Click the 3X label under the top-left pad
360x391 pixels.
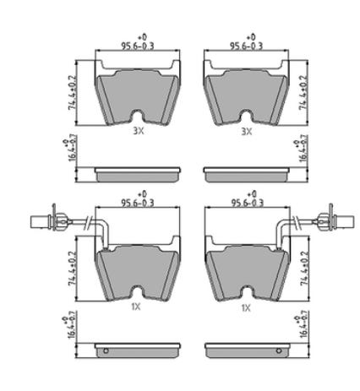tap(139, 131)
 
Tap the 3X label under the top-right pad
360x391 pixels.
tap(247, 131)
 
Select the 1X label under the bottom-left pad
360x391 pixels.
tap(136, 307)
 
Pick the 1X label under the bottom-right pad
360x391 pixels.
tap(246, 308)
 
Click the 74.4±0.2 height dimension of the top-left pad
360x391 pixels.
tap(73, 93)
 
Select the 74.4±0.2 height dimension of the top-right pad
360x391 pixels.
tap(303, 93)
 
